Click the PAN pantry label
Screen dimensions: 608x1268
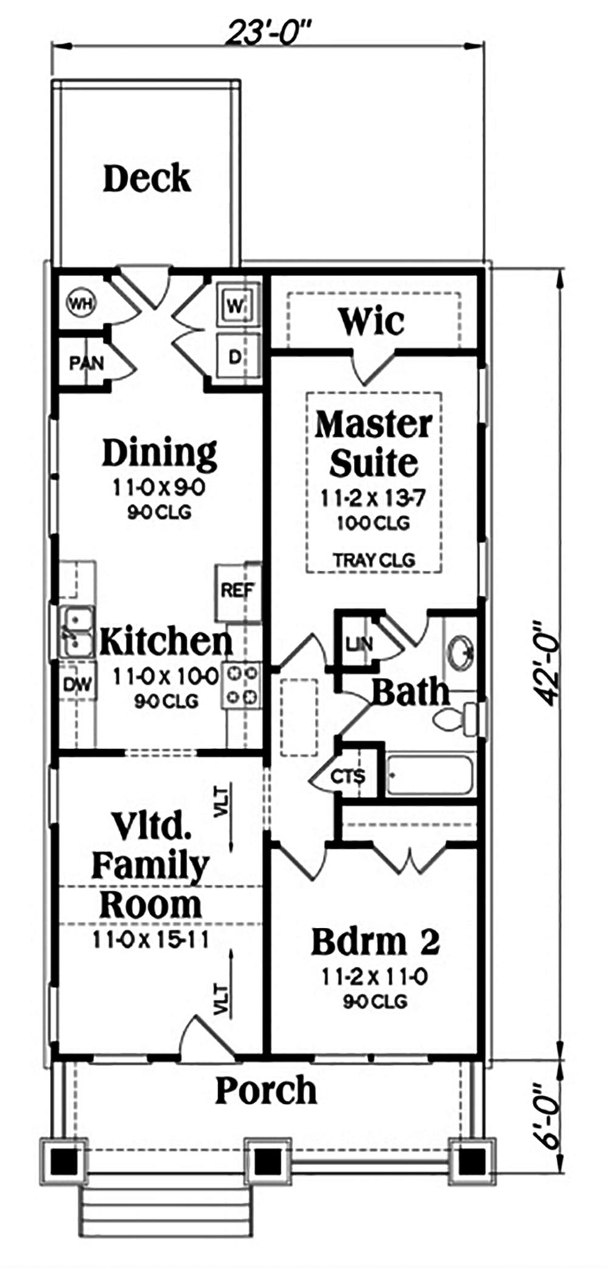(x=86, y=364)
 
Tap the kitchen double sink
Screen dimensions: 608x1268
(x=77, y=633)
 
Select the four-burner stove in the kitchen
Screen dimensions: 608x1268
(x=241, y=685)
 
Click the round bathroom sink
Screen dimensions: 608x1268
(x=462, y=653)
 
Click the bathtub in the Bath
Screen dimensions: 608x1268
(x=430, y=775)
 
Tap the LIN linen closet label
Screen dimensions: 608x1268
(x=359, y=644)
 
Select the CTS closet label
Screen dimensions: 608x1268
(x=348, y=776)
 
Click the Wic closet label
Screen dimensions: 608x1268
(x=371, y=321)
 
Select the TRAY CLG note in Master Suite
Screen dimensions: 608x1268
(x=374, y=560)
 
